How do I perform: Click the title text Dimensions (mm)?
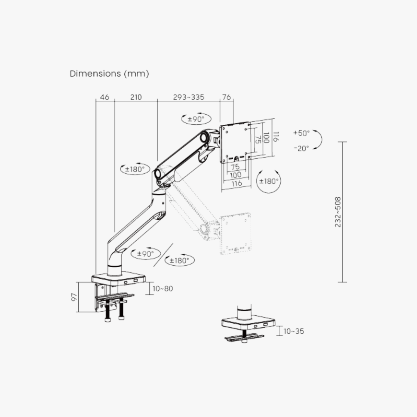(109, 73)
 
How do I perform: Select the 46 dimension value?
(105, 97)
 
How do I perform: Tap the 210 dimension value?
(136, 97)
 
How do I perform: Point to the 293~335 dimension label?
(188, 97)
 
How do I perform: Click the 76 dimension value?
(227, 97)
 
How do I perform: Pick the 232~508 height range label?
(338, 212)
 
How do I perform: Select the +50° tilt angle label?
(302, 133)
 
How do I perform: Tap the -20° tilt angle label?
(301, 148)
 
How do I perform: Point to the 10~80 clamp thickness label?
(163, 288)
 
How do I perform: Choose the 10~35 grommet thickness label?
(293, 331)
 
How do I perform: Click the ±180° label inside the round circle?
(269, 181)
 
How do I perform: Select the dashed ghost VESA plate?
(236, 233)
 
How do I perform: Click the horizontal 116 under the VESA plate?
(236, 183)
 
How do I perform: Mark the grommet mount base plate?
(248, 322)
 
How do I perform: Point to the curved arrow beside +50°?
(318, 140)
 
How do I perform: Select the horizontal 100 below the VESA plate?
(236, 175)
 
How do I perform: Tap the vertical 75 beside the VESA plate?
(257, 139)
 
